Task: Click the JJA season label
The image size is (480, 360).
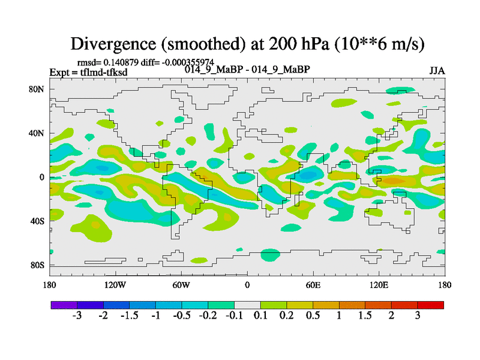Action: (x=437, y=71)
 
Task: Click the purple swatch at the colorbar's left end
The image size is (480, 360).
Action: (x=64, y=305)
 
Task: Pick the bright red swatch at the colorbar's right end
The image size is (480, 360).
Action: (x=431, y=305)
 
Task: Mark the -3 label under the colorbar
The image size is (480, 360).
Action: (x=76, y=316)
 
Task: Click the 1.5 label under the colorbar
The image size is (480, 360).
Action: (x=365, y=316)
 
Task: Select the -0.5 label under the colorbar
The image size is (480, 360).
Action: (x=181, y=316)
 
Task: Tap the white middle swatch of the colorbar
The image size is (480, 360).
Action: (x=247, y=305)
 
